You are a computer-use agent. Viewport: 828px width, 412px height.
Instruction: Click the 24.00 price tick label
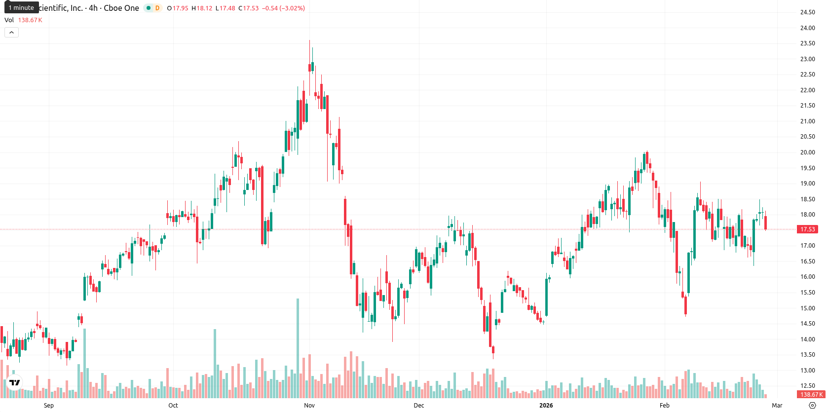807,28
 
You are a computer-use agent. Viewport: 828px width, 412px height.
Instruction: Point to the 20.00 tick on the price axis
807,152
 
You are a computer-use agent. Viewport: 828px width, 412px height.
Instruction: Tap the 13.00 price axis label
807,370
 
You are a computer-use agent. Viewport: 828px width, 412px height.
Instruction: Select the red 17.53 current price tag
807,229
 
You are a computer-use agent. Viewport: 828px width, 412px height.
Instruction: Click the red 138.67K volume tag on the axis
811,395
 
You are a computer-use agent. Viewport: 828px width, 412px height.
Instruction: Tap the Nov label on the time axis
309,406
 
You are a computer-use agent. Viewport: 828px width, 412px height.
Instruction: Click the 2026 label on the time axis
546,406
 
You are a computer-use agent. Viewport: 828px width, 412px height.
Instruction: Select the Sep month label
49,406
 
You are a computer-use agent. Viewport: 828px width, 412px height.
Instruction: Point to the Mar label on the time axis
777,406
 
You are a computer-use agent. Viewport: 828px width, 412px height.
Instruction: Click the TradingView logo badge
15,382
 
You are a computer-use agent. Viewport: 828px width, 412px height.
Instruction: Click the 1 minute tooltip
21,7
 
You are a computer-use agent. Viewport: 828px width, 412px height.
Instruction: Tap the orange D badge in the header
157,8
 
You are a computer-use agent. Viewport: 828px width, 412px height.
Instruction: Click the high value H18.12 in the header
202,8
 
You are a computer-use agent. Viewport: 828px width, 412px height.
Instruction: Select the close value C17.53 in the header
248,8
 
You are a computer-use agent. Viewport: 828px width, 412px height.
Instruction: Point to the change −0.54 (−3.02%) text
283,8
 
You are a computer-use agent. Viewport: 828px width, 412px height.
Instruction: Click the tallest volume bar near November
298,348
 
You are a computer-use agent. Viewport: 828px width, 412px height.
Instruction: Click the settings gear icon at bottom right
812,406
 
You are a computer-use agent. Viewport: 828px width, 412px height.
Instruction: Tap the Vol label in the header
9,20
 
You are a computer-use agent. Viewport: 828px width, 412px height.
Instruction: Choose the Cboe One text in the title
121,8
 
